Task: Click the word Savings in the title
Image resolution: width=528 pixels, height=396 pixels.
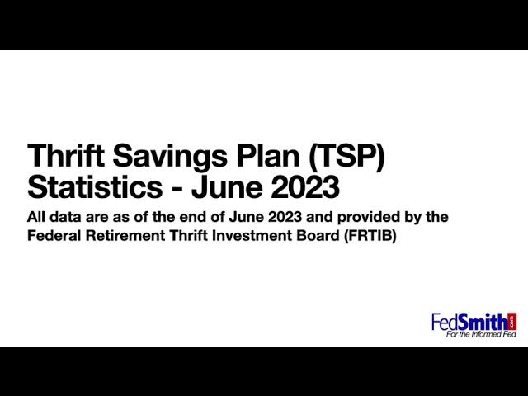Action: click(x=170, y=156)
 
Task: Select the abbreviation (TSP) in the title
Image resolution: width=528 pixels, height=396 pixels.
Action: click(x=346, y=157)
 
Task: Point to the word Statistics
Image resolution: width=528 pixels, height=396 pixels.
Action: click(x=95, y=186)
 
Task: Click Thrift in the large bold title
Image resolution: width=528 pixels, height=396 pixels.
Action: click(x=66, y=155)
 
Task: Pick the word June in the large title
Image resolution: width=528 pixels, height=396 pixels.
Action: click(x=227, y=186)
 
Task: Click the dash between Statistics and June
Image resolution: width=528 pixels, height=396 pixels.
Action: click(x=177, y=189)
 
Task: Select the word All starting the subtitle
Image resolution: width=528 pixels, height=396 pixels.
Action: click(x=36, y=217)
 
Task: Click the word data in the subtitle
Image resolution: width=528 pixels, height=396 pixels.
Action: click(x=65, y=217)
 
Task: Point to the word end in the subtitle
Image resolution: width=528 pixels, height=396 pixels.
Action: click(x=191, y=217)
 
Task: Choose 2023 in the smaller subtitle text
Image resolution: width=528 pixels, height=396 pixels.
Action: click(x=285, y=217)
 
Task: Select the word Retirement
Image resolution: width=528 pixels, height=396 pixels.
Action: click(x=125, y=236)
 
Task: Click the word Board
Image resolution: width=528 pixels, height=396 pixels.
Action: click(x=318, y=236)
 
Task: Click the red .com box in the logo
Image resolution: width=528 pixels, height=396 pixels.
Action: click(x=513, y=321)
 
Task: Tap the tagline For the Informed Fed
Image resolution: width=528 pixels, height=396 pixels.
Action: click(x=481, y=334)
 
